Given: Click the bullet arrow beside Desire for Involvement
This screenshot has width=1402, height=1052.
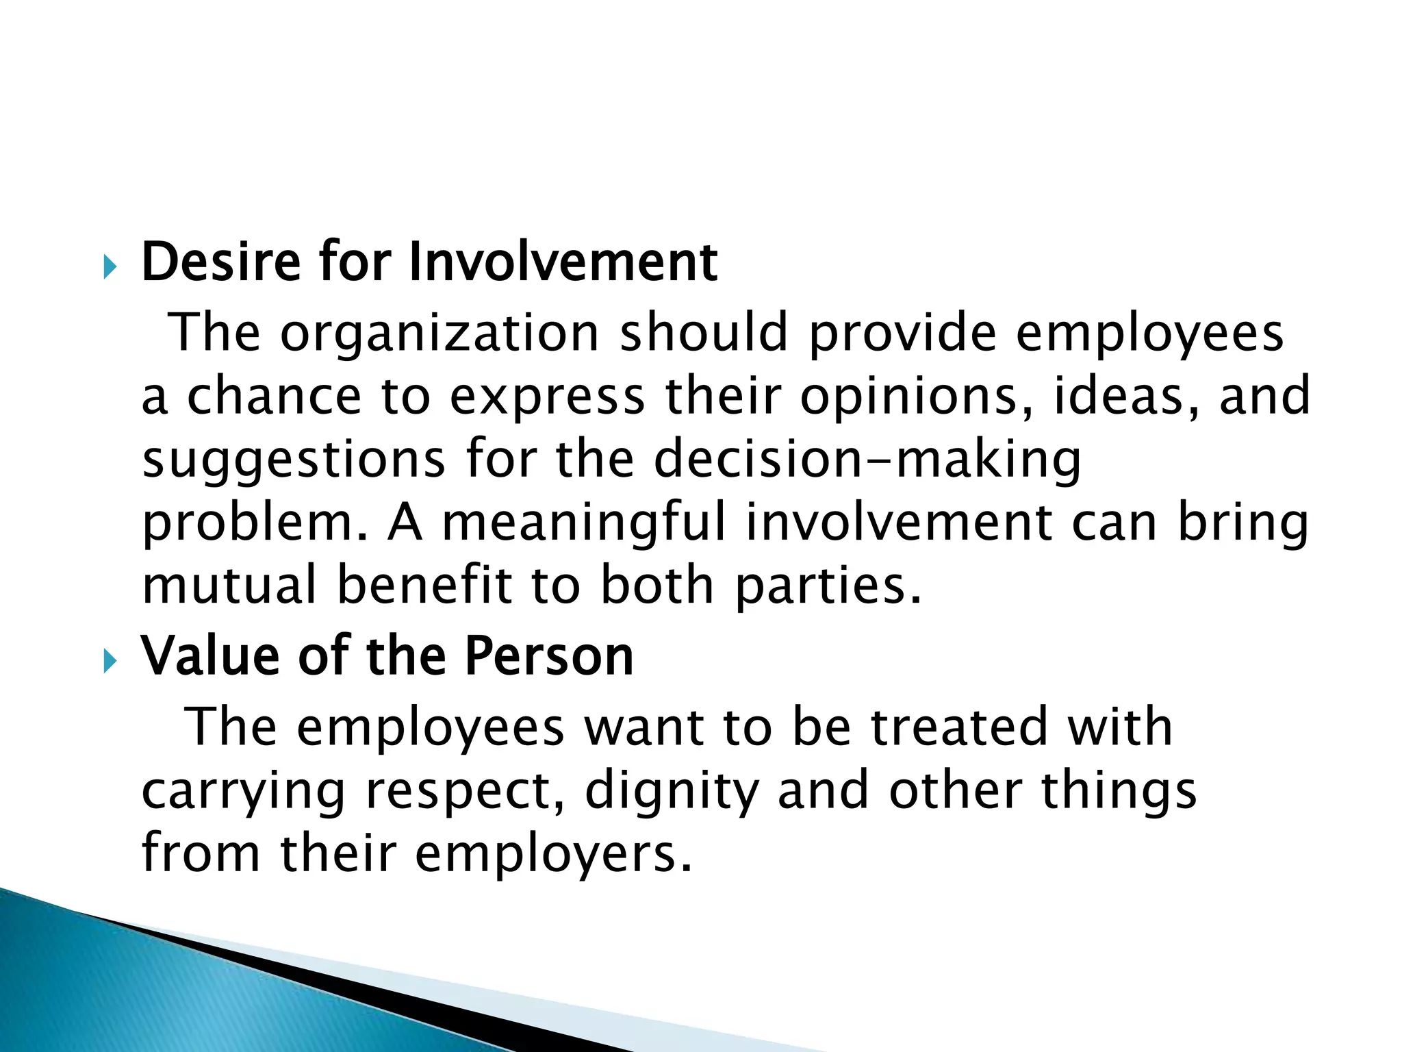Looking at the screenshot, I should point(110,267).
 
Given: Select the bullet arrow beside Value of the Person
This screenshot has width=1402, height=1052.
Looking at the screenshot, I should point(110,662).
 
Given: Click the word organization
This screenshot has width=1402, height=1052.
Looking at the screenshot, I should point(439,333).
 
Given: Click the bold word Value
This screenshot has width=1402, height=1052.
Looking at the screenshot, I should point(209,656).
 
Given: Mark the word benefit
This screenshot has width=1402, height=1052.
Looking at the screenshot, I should point(424,586).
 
